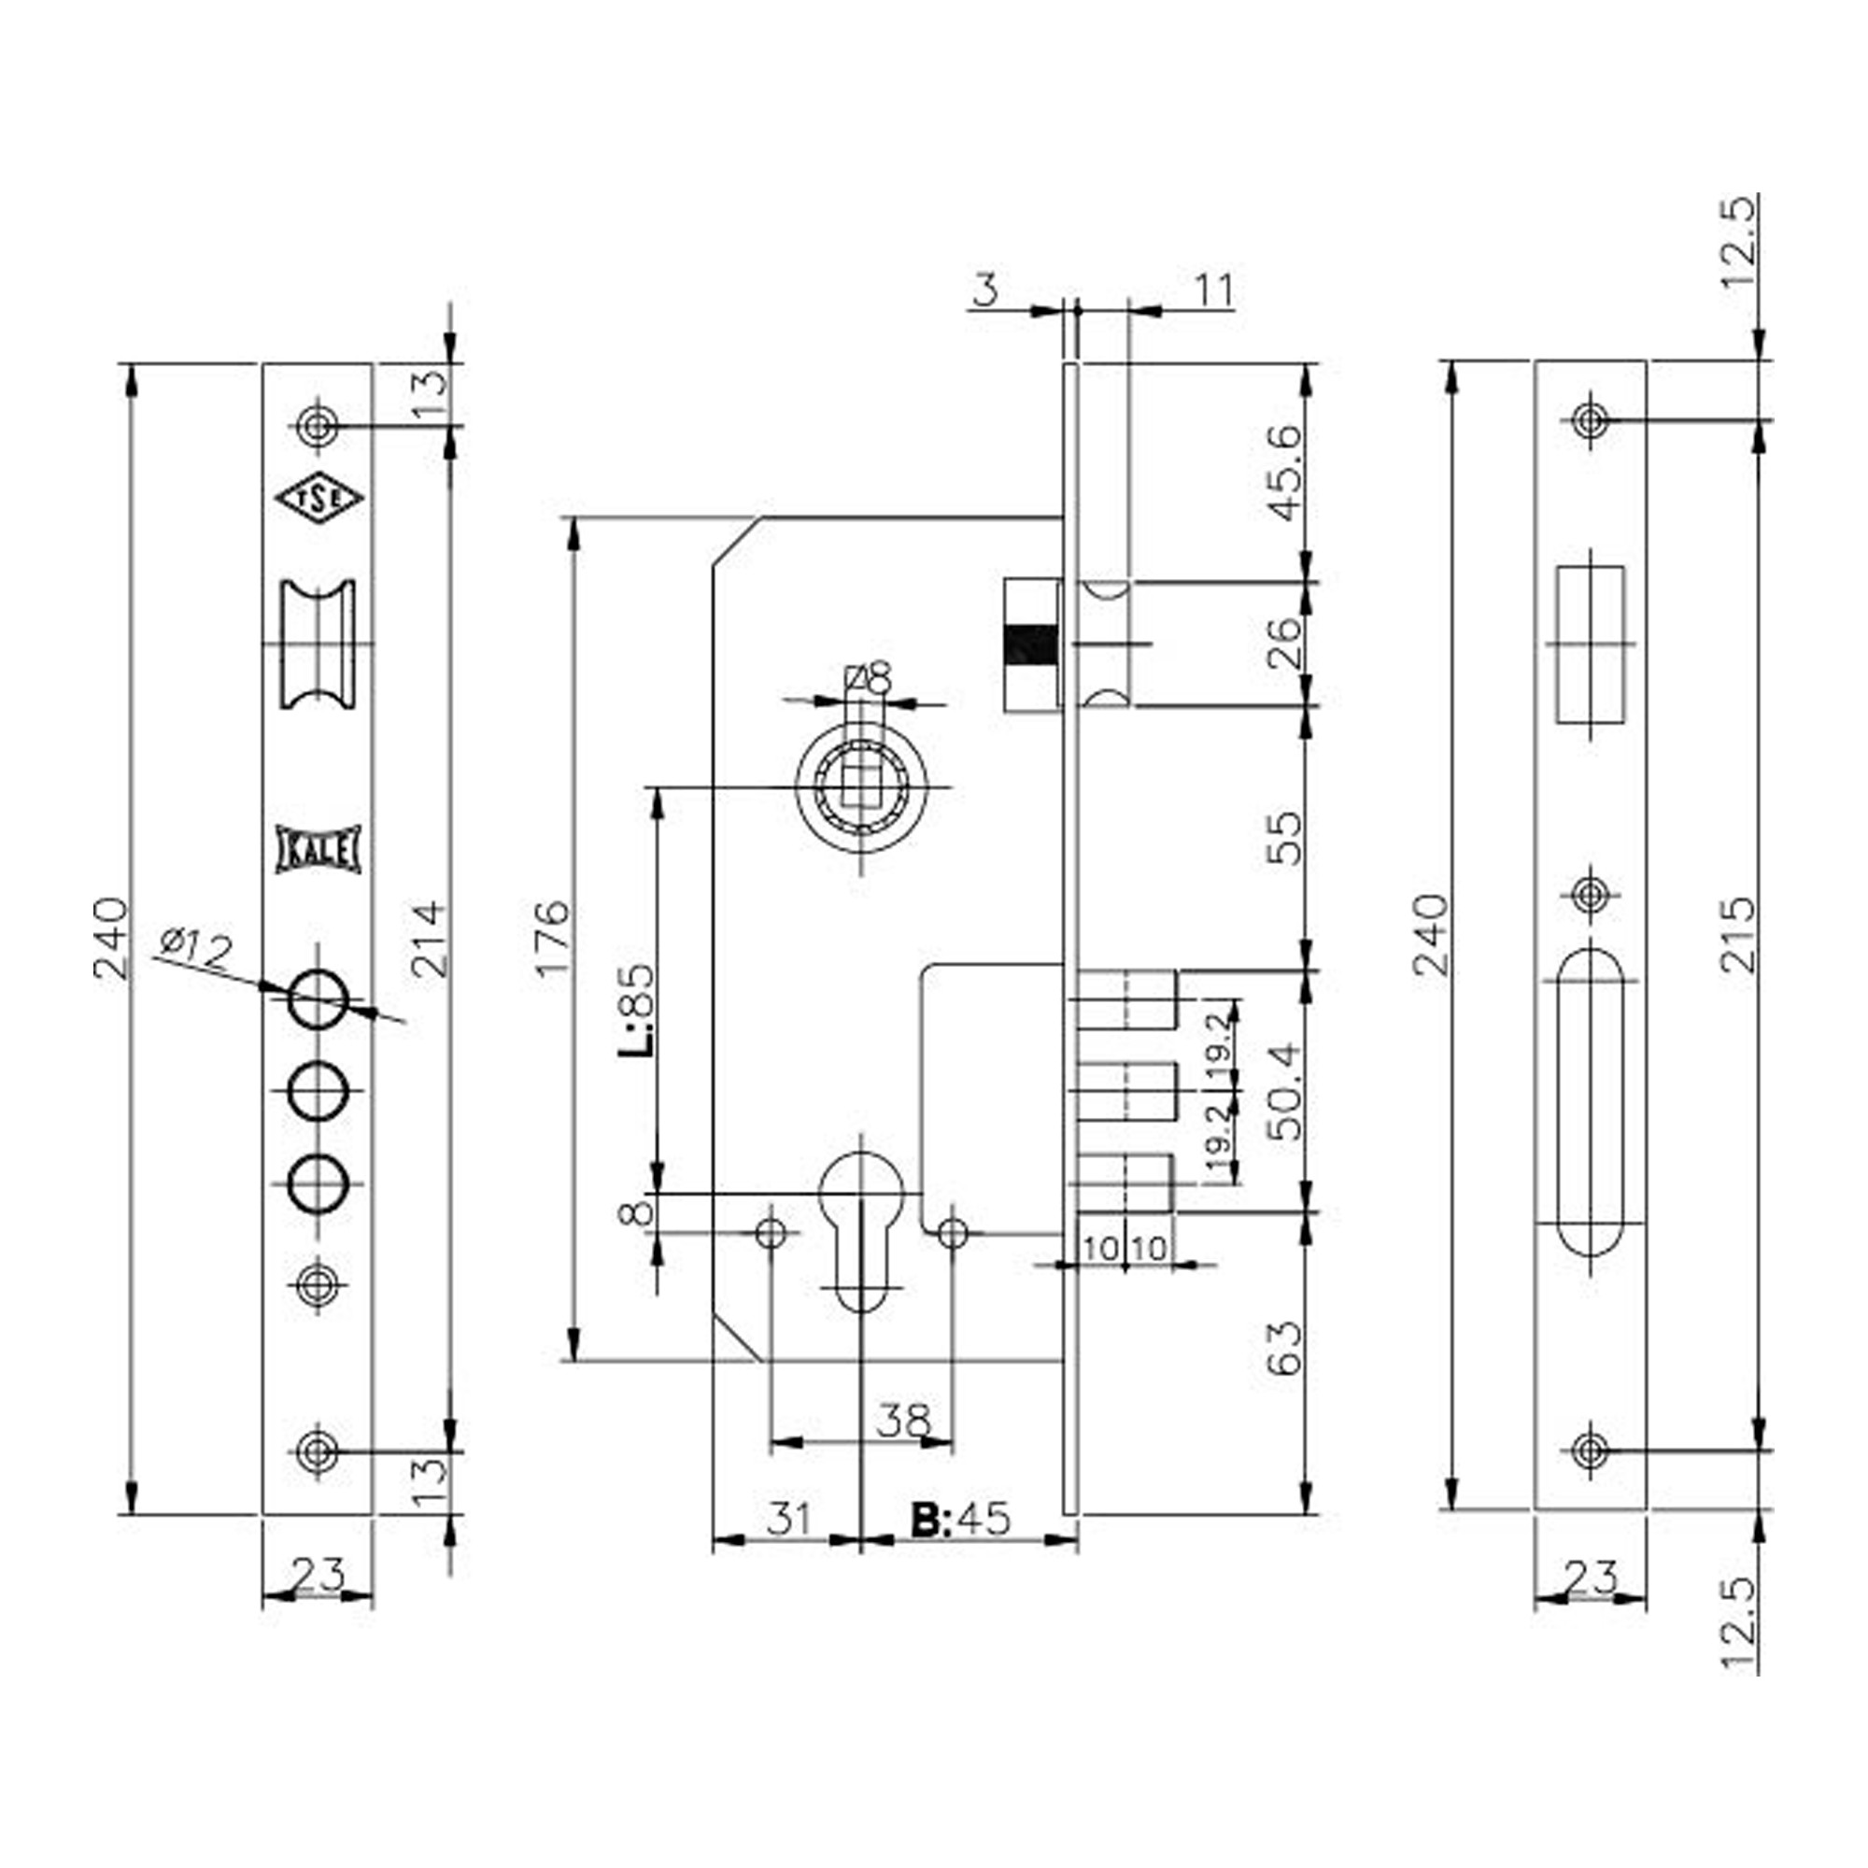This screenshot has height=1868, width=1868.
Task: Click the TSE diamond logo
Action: [318, 498]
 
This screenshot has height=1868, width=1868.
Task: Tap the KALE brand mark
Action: [318, 850]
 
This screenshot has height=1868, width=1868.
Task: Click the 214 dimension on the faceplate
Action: [427, 938]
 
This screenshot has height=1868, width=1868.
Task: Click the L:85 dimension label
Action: [637, 1010]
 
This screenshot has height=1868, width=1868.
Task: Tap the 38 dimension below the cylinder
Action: [904, 1421]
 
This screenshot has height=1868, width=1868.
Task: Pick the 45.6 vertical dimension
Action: [1285, 473]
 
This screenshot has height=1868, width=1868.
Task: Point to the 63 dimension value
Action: [1285, 1349]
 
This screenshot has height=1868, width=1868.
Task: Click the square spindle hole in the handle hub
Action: [859, 787]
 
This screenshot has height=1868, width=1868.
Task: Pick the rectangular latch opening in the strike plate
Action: [1590, 644]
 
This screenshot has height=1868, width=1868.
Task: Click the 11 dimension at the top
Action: [1214, 291]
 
